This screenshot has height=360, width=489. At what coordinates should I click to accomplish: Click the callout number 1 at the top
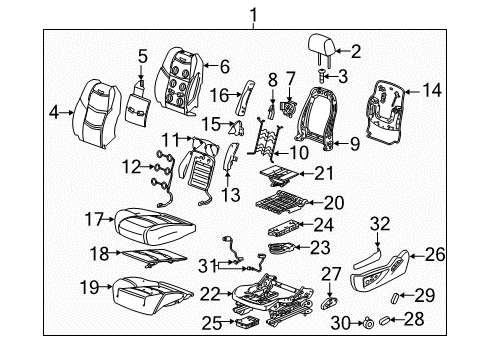pyautogui.click(x=254, y=13)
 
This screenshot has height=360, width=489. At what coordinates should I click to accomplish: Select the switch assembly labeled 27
pyautogui.click(x=330, y=300)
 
